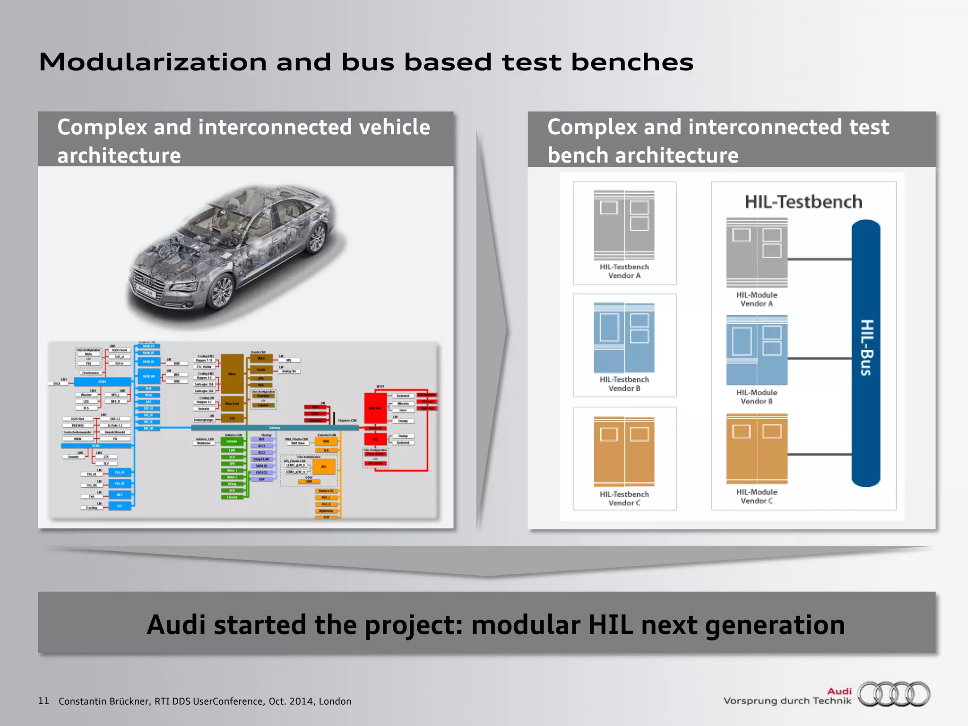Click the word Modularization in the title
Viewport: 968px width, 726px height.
(x=153, y=62)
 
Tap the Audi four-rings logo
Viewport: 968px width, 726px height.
(x=894, y=694)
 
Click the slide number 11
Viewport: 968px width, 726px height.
(x=43, y=701)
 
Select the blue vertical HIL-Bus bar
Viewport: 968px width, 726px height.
(x=865, y=353)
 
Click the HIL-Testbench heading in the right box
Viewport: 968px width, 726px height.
(x=803, y=202)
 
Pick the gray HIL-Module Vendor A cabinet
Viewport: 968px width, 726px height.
(x=757, y=252)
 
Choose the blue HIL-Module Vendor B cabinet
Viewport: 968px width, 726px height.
(x=757, y=350)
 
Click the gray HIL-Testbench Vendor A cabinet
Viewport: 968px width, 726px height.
(x=624, y=225)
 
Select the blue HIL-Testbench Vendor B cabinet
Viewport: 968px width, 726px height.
(x=624, y=337)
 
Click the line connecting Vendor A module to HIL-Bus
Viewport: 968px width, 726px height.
(x=819, y=259)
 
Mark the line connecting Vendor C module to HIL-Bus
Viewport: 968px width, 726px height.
(x=819, y=454)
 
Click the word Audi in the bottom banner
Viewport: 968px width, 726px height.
(x=179, y=625)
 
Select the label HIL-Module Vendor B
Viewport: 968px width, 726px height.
(x=757, y=397)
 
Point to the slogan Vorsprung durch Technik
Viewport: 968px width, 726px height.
(x=787, y=701)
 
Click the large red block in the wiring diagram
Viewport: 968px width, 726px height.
(x=375, y=407)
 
